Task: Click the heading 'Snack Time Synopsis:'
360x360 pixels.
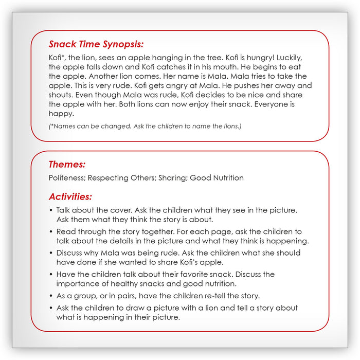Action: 96,45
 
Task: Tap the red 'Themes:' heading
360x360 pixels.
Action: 67,165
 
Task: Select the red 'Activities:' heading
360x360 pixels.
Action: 70,196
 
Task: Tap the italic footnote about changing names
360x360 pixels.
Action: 145,126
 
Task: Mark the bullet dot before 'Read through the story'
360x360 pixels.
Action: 51,232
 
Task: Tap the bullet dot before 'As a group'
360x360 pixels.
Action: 51,296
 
